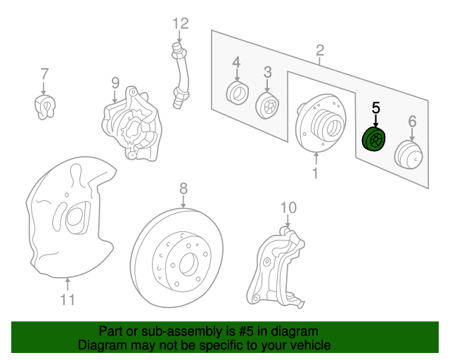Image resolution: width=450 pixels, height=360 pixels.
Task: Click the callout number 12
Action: [181, 24]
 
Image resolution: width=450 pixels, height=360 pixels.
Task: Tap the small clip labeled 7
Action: [44, 106]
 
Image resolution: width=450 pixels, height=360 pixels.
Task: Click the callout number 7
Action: [44, 73]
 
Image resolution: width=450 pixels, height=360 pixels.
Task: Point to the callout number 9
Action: [115, 83]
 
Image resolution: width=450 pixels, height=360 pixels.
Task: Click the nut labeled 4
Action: [236, 91]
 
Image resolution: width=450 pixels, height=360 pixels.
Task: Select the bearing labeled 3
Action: [267, 105]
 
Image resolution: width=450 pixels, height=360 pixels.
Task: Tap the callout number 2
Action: [320, 50]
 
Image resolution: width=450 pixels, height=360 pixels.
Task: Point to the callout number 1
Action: [316, 172]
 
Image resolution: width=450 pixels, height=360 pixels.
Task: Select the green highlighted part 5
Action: [373, 139]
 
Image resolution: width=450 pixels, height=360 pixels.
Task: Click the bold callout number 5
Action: [375, 108]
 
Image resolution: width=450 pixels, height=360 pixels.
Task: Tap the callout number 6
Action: [412, 122]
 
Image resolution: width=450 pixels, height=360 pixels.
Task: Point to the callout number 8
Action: [183, 188]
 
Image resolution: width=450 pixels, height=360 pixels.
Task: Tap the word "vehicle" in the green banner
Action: [304, 346]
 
